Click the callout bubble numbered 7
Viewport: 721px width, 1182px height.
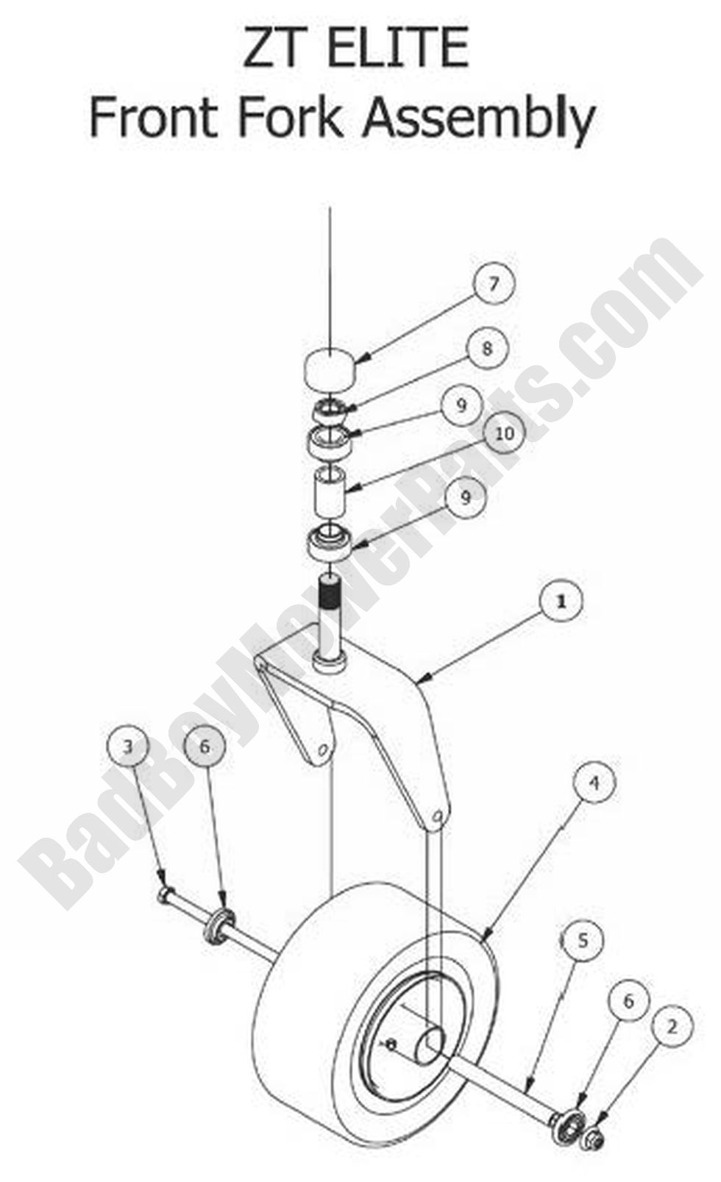[x=494, y=282]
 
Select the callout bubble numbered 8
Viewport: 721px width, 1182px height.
[x=486, y=348]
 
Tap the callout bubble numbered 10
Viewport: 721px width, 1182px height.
[x=504, y=434]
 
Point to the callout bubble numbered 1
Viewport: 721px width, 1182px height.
[x=561, y=601]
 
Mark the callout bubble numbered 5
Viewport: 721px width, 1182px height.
[x=582, y=939]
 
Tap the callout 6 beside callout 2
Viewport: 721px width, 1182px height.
[x=628, y=1001]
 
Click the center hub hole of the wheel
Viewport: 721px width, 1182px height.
[x=430, y=1044]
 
